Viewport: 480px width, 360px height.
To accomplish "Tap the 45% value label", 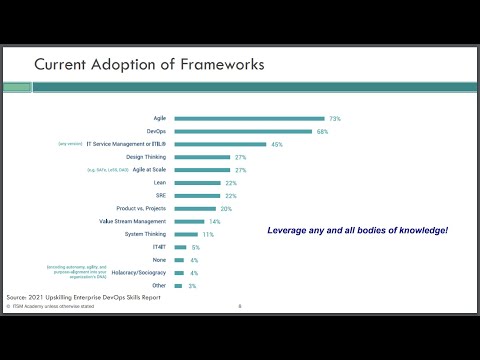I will [x=277, y=144].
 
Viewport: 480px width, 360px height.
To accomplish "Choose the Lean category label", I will [x=161, y=183].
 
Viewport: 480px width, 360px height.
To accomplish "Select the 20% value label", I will [x=226, y=208].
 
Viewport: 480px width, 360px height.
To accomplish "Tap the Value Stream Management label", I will [x=132, y=221].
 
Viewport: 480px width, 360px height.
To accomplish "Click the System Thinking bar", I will [x=186, y=234].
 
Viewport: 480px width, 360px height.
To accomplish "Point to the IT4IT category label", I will [x=160, y=247].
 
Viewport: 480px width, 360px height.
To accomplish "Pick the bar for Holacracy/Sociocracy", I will [x=178, y=273].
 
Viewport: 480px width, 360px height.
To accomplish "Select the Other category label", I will [x=160, y=286].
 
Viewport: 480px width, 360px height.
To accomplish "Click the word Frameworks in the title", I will [x=217, y=65].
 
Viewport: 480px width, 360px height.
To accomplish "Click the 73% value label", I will [x=335, y=118].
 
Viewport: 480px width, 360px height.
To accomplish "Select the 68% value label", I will [x=323, y=131].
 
